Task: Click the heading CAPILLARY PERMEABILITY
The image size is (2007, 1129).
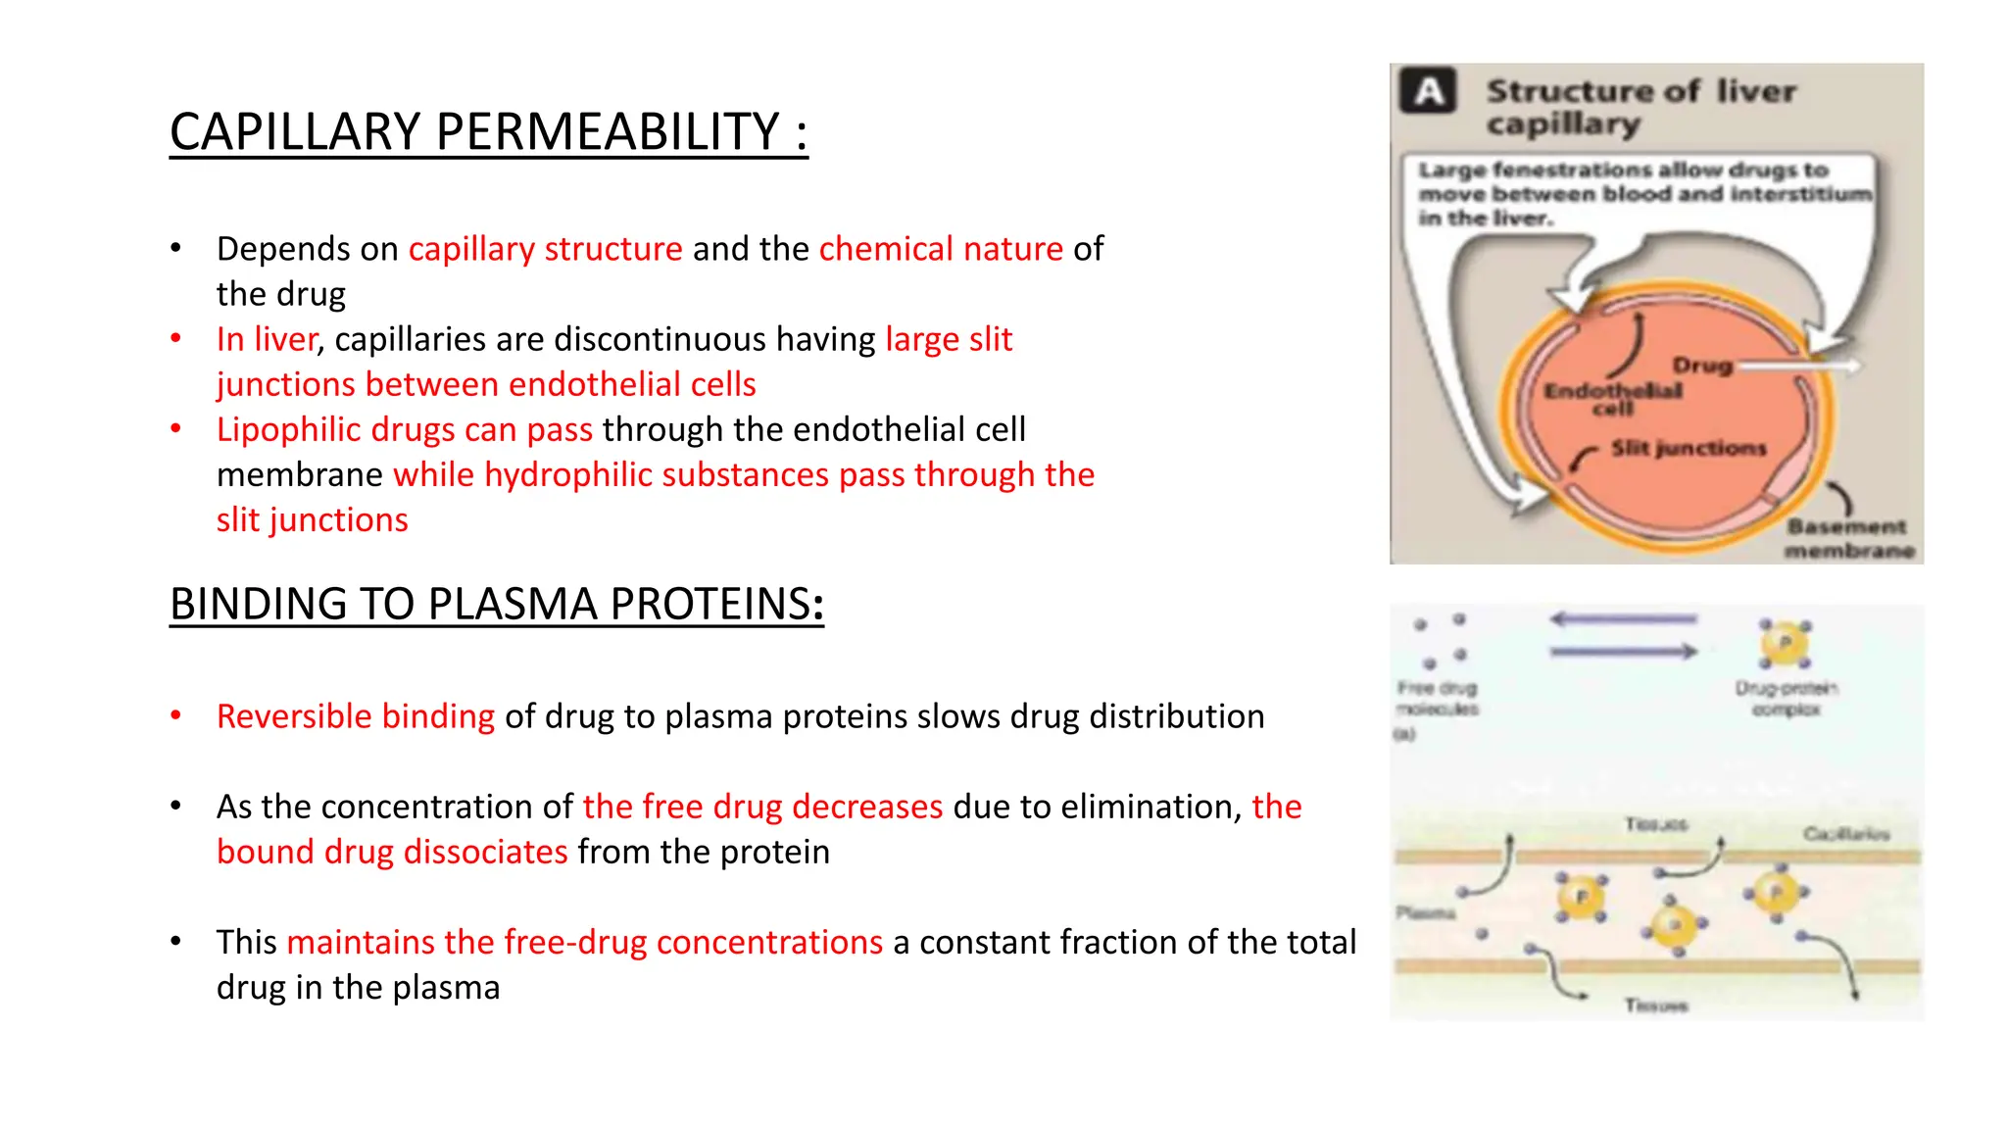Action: tap(488, 132)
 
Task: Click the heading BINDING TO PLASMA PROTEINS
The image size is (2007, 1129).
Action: tap(496, 604)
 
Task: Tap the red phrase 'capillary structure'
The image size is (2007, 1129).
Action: tap(545, 249)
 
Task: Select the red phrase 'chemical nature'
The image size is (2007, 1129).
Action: tap(941, 249)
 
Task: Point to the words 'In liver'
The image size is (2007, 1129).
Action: tap(267, 339)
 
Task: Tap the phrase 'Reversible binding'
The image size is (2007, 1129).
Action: tap(355, 716)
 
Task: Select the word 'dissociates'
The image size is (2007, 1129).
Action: tap(485, 852)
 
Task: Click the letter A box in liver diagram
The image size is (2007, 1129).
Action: tap(1429, 91)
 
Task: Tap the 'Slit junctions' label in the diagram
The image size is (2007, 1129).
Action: tap(1689, 449)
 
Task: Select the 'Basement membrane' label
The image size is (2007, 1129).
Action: tap(1848, 539)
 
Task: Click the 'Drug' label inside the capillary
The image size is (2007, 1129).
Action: tap(1702, 366)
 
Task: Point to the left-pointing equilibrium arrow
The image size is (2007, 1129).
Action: tap(1623, 619)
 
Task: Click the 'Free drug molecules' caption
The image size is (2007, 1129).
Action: tap(1438, 698)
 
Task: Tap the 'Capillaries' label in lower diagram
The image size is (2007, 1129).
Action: tap(1846, 834)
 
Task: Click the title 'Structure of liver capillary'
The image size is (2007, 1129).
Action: tap(1640, 107)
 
